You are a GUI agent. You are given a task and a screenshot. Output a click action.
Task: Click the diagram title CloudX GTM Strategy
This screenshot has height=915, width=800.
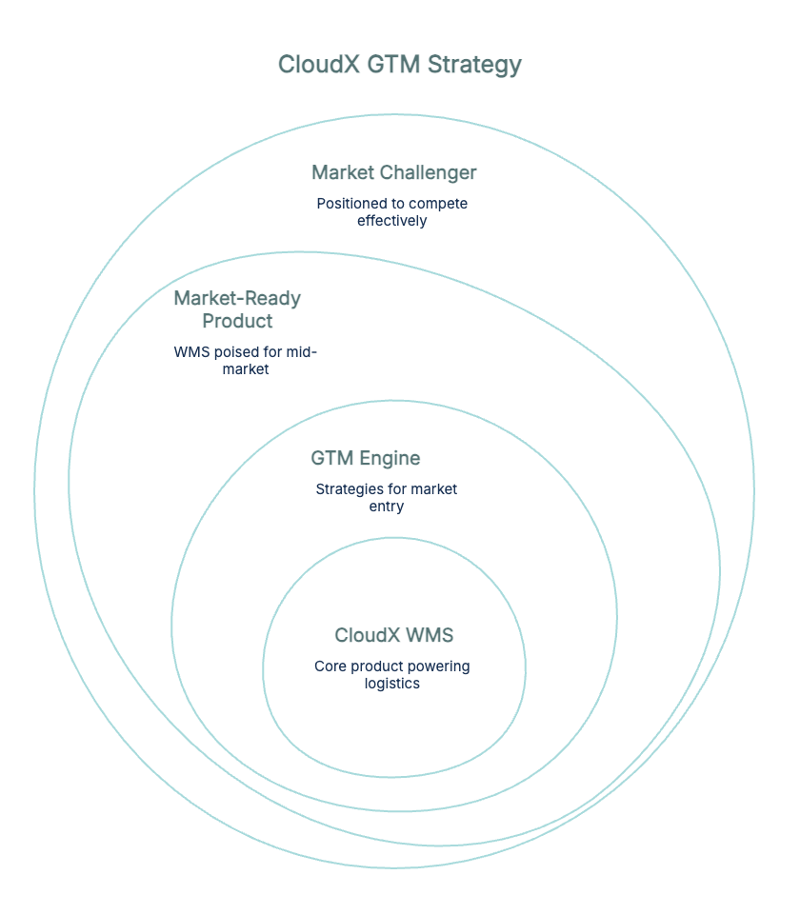399,65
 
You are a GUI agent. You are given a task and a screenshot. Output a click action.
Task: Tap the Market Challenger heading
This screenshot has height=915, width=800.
393,173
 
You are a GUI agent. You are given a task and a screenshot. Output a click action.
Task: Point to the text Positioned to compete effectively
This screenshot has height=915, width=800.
392,212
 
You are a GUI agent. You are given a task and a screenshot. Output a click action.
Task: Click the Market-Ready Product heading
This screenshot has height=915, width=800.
237,309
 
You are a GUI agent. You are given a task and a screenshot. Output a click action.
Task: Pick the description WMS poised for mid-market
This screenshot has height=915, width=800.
245,360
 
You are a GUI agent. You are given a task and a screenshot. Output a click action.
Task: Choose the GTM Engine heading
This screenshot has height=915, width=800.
365,458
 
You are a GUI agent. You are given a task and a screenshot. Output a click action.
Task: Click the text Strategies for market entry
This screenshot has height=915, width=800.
387,497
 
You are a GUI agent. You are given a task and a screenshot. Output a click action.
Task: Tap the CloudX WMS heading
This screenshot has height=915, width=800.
393,635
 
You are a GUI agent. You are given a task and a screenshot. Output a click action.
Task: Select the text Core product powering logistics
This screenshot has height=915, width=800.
391,674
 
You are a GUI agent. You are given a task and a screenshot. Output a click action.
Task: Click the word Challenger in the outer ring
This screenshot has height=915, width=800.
428,173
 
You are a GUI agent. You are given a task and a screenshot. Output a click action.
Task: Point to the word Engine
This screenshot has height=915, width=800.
390,458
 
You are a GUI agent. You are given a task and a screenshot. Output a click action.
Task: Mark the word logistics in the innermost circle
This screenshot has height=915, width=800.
391,684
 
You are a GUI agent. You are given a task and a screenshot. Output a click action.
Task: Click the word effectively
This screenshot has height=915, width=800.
392,221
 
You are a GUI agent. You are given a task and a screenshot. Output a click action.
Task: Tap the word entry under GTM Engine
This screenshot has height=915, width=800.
387,507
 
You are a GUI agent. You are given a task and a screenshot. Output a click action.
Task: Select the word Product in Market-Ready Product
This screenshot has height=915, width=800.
237,321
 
